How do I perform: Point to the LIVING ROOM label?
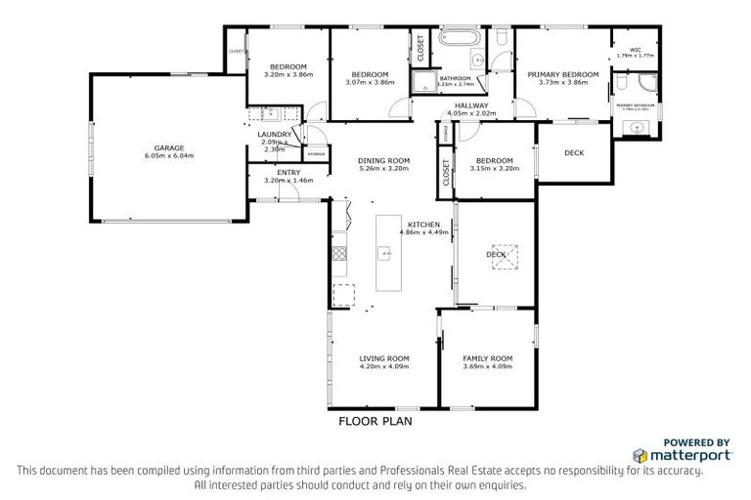pyautogui.click(x=383, y=358)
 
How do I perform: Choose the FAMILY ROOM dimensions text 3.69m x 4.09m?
pyautogui.click(x=487, y=367)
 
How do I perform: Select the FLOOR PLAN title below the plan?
pyautogui.click(x=375, y=422)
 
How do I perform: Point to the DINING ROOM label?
pyautogui.click(x=383, y=160)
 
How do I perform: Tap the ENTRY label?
pyautogui.click(x=275, y=172)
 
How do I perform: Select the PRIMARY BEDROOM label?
pyautogui.click(x=562, y=74)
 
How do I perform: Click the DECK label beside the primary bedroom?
pyautogui.click(x=574, y=152)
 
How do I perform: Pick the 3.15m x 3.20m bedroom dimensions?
pyautogui.click(x=494, y=169)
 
